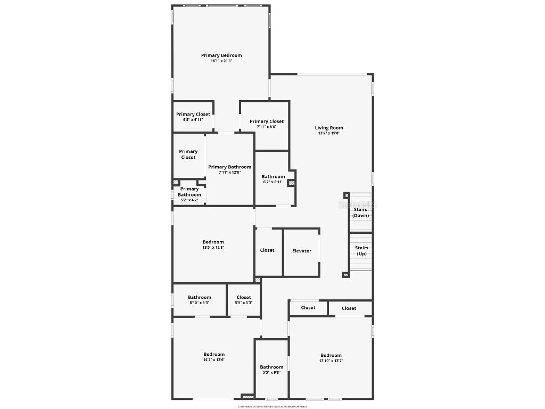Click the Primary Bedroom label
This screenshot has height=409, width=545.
coord(221,55)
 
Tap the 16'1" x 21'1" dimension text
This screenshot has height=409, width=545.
coord(221,61)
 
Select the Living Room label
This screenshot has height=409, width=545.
coord(329,128)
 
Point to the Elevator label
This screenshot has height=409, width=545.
coord(302,251)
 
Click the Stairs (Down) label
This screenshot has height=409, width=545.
coord(361,212)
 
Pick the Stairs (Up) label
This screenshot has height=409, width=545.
coord(361,251)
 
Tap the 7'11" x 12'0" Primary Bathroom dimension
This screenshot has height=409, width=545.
coord(229,173)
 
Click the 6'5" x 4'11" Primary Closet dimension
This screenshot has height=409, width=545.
coord(193,120)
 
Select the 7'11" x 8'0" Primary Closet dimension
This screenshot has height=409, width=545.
coord(267,127)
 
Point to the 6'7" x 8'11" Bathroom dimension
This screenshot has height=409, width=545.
coord(273,182)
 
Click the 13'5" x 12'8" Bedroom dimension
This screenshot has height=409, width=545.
coord(213,248)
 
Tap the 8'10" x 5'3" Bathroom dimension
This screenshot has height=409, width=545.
coord(200,303)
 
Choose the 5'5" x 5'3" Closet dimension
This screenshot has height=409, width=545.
coord(244,303)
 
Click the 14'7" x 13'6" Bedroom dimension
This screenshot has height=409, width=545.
coord(214,360)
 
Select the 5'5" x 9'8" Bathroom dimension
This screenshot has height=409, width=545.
coord(271,373)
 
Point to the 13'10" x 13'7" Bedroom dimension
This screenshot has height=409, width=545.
coord(331,361)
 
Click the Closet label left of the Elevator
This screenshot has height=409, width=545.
coord(267,250)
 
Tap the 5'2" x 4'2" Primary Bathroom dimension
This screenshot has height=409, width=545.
coord(189,200)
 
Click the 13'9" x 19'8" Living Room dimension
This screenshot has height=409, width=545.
coord(329,134)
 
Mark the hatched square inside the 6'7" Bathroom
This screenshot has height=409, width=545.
coord(292,183)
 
